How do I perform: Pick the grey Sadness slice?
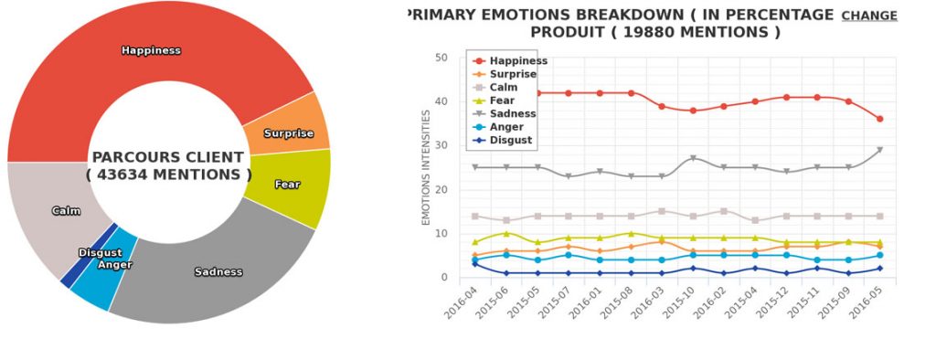click(218, 272)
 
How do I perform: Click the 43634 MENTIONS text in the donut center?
click(168, 175)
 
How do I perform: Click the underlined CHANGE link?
click(869, 16)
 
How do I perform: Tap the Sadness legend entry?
click(505, 113)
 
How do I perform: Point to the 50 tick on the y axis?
click(441, 58)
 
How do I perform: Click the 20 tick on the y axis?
click(441, 190)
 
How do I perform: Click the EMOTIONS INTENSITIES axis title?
click(426, 168)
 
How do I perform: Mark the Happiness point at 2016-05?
click(879, 119)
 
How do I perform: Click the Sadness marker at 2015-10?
click(693, 158)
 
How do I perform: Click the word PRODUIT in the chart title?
click(567, 32)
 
